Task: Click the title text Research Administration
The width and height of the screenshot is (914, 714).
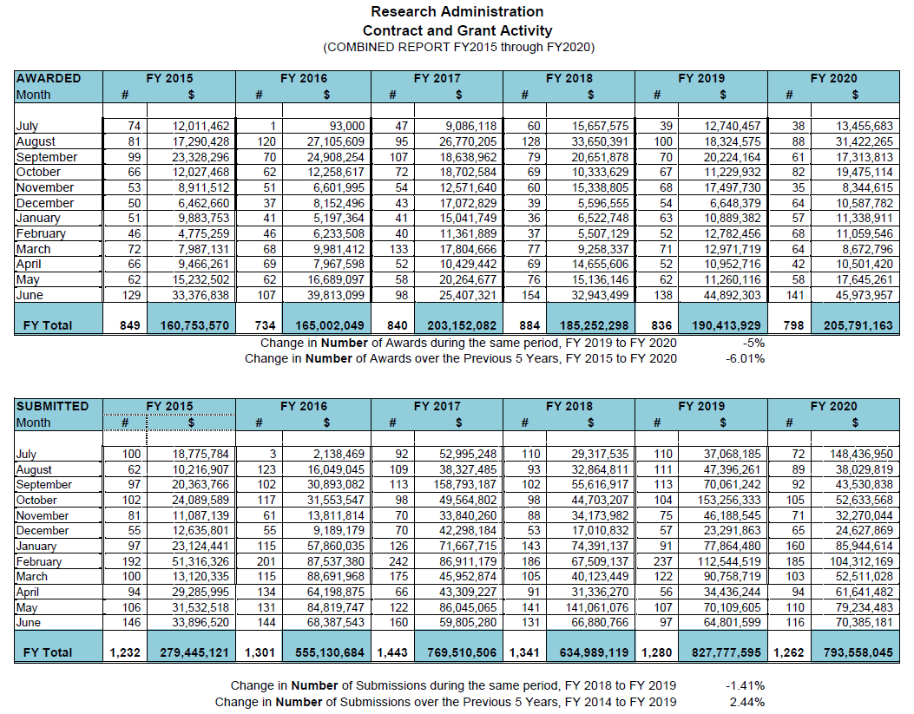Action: coord(457,11)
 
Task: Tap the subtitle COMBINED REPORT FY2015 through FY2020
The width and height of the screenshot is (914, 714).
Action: coord(458,47)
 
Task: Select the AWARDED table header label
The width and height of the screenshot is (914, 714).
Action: coord(49,78)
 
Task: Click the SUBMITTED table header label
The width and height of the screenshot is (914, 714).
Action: coord(52,406)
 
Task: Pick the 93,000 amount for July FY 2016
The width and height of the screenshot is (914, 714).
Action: coord(342,126)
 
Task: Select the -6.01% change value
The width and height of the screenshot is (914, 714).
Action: coord(746,358)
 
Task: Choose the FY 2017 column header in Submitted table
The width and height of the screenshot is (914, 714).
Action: coord(437,406)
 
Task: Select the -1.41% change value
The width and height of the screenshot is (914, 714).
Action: coord(746,686)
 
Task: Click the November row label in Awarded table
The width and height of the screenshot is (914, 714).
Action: coord(45,187)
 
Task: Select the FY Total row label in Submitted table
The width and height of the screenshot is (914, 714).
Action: coord(48,652)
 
